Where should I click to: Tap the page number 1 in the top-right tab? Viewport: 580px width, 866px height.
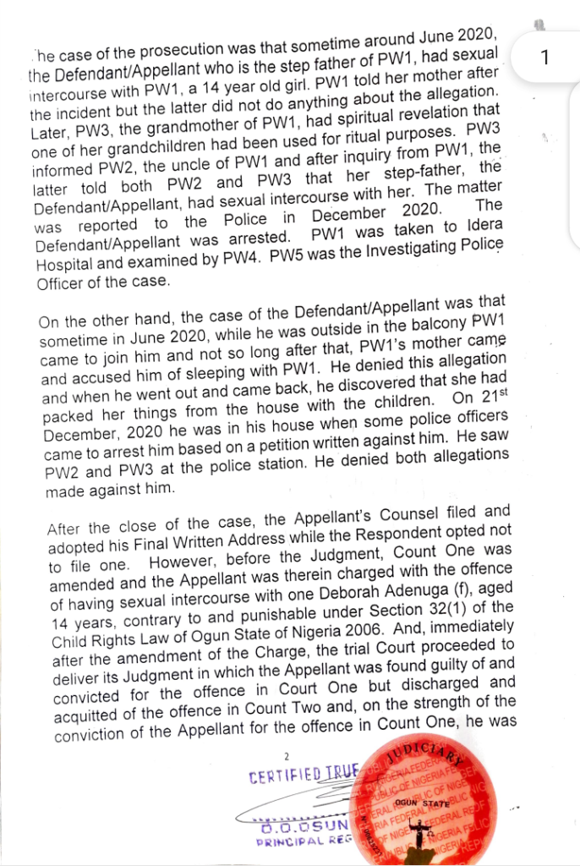[x=544, y=58]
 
